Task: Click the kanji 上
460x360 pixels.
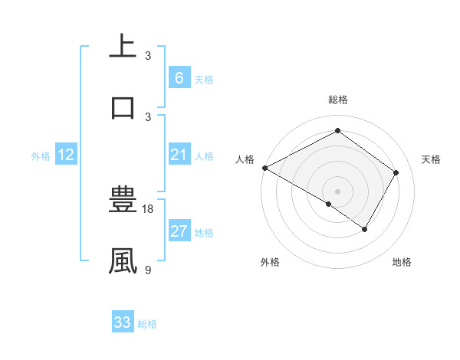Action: click(x=123, y=47)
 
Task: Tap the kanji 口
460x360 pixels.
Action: click(x=123, y=106)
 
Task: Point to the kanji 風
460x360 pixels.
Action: click(x=123, y=260)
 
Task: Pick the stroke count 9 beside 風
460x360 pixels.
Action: click(x=148, y=270)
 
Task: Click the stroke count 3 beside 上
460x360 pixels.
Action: click(x=148, y=56)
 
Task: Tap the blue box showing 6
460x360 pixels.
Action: click(x=179, y=78)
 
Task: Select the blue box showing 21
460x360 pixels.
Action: click(x=179, y=155)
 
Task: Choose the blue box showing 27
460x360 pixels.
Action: click(x=179, y=231)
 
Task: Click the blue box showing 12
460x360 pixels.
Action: click(x=66, y=155)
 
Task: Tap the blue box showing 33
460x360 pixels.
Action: click(x=123, y=322)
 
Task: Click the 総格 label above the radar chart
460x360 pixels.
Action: click(x=337, y=100)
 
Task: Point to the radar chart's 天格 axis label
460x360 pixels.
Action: click(x=431, y=159)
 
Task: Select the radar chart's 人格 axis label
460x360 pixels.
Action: click(x=245, y=159)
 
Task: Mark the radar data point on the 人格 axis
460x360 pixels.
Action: click(x=264, y=168)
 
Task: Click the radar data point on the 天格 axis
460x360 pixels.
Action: click(x=396, y=172)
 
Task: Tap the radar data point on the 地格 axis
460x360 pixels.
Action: click(x=365, y=229)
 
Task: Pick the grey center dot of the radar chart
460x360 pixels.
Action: click(x=337, y=191)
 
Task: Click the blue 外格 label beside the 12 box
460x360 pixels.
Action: click(x=41, y=156)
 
